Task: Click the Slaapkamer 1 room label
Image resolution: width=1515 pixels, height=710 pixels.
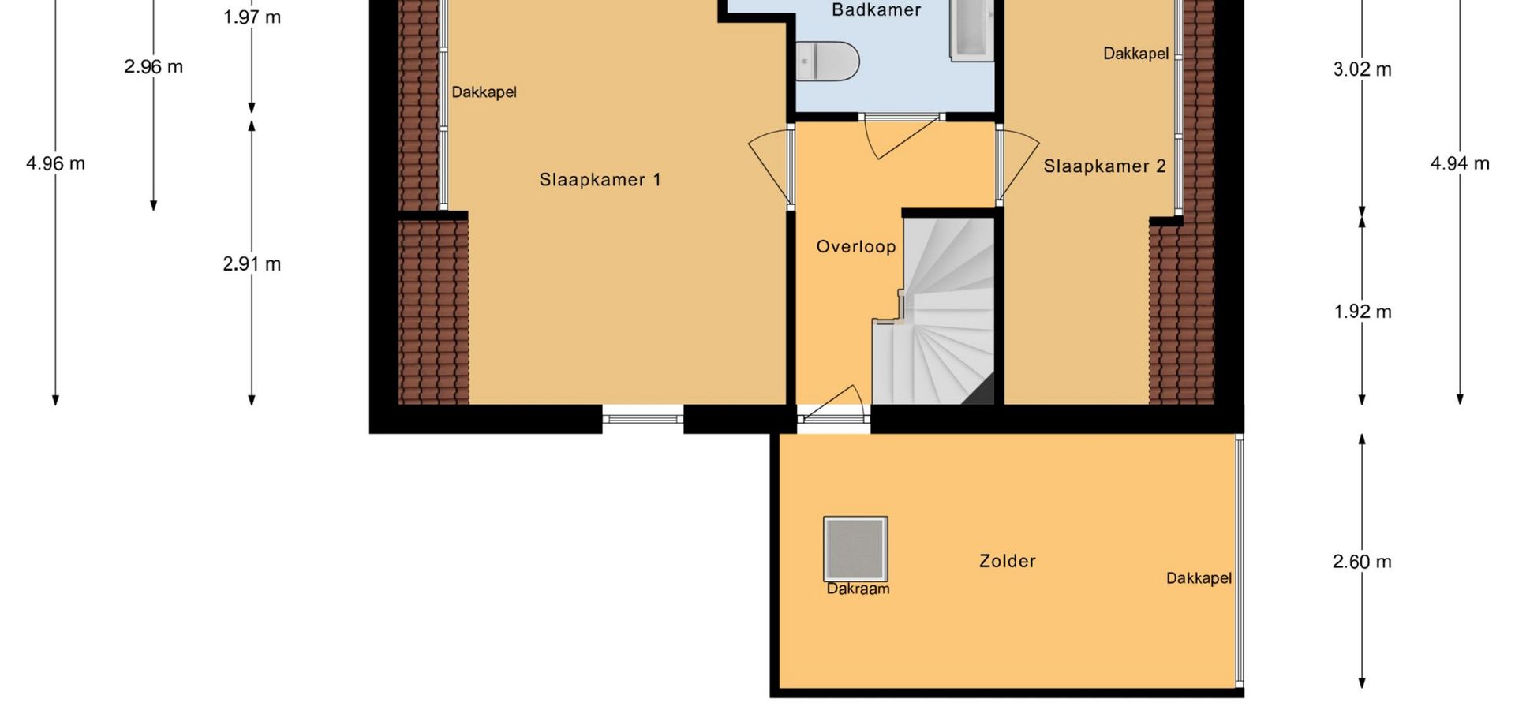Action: (x=600, y=180)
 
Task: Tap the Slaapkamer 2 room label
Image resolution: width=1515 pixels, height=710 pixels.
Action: (x=1105, y=166)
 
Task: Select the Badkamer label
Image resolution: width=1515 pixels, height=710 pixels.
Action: (x=877, y=10)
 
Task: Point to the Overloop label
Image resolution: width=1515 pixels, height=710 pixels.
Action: (x=856, y=247)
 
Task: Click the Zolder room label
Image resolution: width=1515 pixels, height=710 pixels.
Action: (x=1008, y=561)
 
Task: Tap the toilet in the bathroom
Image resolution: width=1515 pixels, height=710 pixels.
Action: (x=827, y=61)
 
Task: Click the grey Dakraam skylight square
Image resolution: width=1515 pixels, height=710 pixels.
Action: (x=855, y=548)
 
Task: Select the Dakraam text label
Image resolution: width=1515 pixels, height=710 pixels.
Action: (x=858, y=589)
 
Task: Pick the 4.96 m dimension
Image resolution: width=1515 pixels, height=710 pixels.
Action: (x=55, y=163)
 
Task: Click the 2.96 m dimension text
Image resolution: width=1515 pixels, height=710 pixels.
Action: (x=153, y=66)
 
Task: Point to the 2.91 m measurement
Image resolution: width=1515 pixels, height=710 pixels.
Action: (x=252, y=263)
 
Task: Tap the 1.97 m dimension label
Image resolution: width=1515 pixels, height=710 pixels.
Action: (x=252, y=17)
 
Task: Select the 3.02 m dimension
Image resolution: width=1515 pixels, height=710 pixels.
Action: (x=1363, y=69)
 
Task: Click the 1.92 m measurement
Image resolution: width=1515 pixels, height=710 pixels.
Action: (x=1363, y=312)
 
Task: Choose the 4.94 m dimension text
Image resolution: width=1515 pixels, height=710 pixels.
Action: (x=1460, y=163)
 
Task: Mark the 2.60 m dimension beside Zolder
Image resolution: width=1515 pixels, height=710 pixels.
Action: (x=1363, y=562)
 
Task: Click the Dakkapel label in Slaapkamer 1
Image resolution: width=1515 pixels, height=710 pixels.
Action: (x=484, y=92)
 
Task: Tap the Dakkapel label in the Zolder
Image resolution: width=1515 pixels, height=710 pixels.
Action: (x=1199, y=578)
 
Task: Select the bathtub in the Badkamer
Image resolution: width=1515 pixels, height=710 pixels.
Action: (x=971, y=30)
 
